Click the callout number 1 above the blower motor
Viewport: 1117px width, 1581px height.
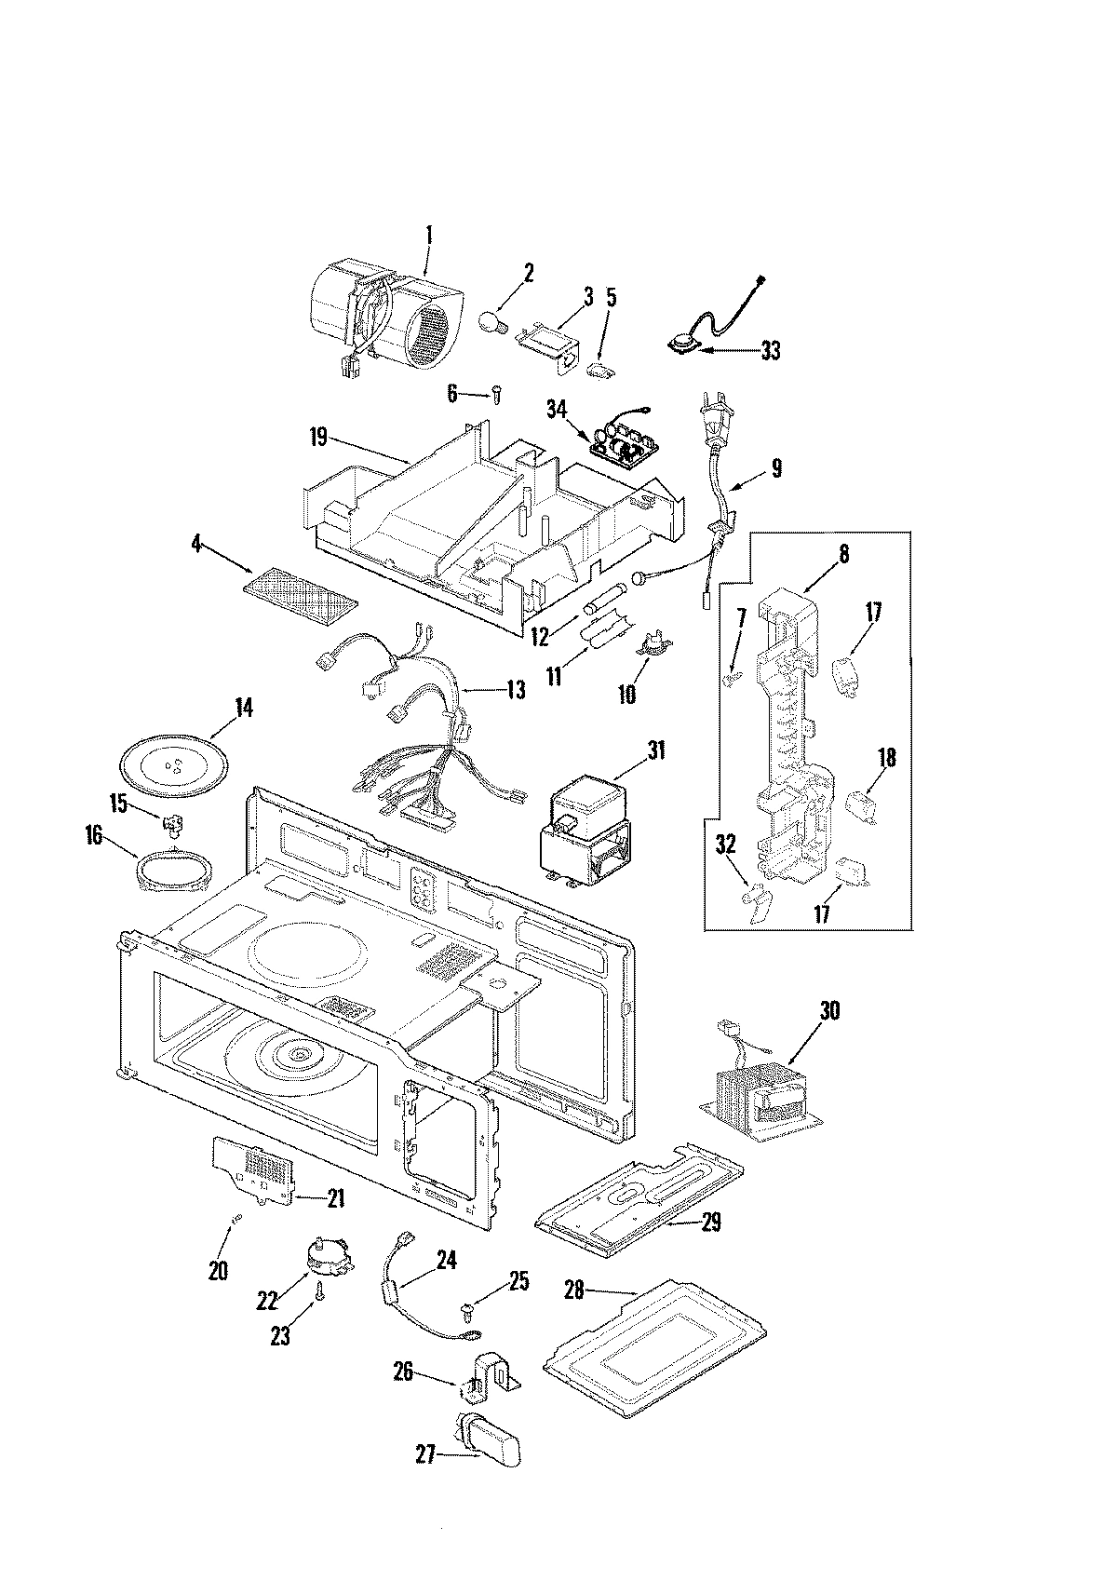(x=429, y=210)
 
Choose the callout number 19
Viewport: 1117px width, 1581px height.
(x=318, y=437)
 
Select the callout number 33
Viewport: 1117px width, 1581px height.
(x=771, y=351)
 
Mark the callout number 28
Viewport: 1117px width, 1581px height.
(x=573, y=1290)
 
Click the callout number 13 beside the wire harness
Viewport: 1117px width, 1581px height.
(x=514, y=690)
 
